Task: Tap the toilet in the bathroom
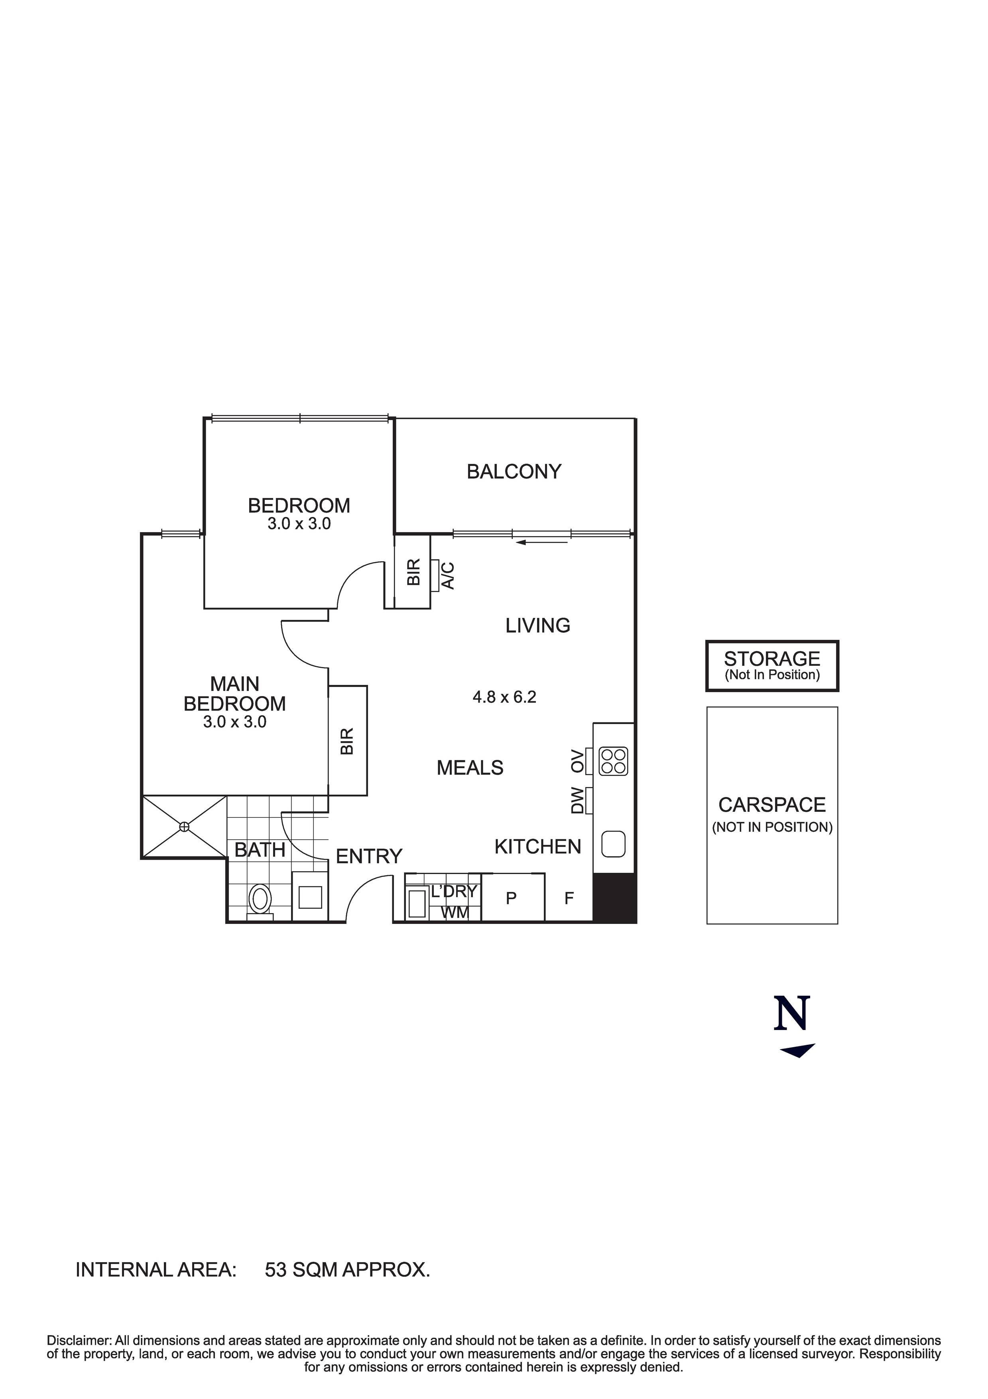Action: click(260, 899)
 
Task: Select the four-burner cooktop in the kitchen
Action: click(613, 762)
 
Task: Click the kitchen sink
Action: click(613, 844)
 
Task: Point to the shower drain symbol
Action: click(184, 827)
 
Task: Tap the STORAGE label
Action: click(772, 659)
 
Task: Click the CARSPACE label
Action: click(772, 805)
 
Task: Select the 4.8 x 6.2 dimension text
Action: click(504, 697)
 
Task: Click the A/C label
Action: click(448, 575)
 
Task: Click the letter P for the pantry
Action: click(511, 898)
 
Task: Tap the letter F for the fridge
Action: click(569, 898)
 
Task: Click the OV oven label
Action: click(577, 762)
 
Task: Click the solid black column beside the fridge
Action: click(614, 898)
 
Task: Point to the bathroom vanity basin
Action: click(310, 897)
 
